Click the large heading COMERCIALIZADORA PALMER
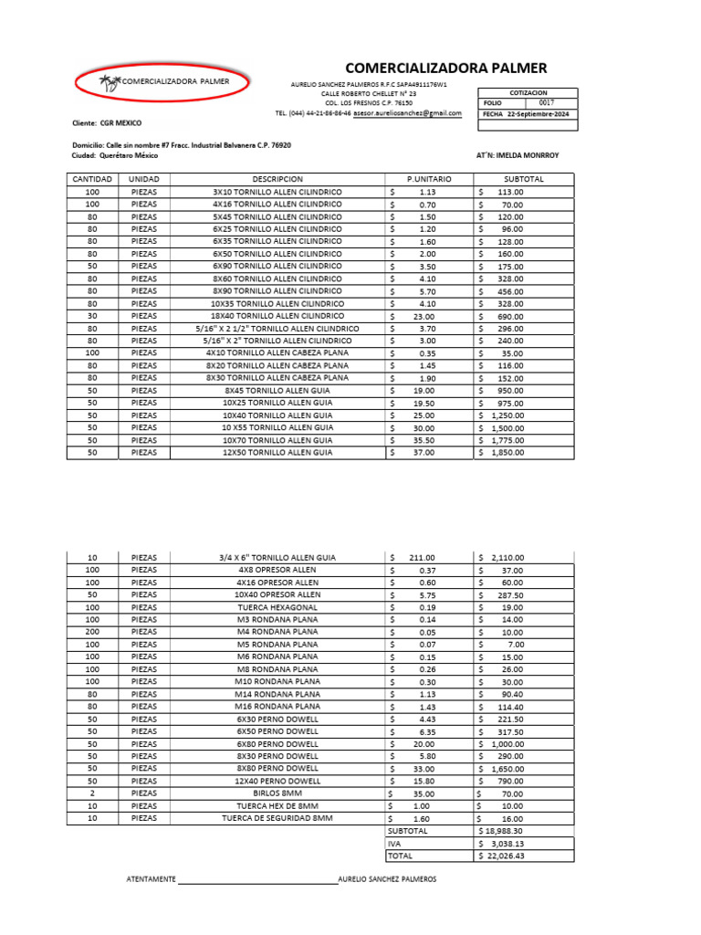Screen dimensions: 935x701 point(445,68)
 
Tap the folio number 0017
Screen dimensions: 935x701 point(546,103)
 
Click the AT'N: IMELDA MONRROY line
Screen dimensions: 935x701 point(518,155)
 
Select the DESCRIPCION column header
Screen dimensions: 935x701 point(277,179)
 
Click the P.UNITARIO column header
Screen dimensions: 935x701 point(424,179)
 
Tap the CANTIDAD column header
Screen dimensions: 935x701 point(92,179)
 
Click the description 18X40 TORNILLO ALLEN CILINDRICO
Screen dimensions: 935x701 point(277,315)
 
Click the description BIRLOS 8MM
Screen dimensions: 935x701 point(277,793)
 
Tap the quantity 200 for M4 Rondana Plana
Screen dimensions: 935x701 point(92,632)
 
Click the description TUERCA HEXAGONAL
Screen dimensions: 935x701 point(277,607)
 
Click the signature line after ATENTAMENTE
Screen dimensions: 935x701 point(257,880)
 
